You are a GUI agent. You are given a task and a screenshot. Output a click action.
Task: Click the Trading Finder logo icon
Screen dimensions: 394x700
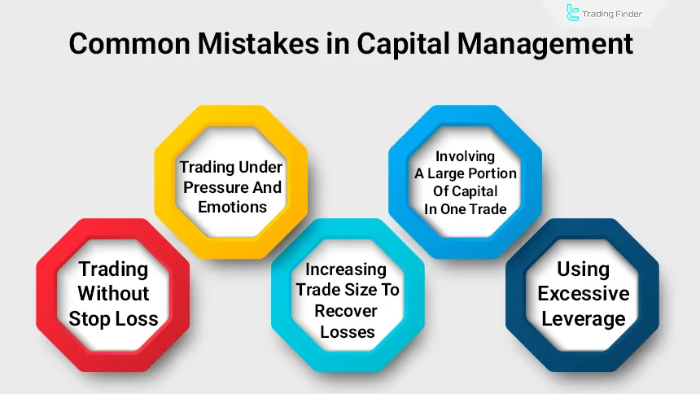tap(573, 13)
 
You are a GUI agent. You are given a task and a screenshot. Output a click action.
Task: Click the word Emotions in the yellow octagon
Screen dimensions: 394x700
tap(232, 207)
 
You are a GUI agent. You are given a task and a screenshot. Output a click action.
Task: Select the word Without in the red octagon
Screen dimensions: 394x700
tap(113, 293)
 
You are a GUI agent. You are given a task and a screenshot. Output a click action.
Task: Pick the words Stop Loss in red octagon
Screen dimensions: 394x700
tap(113, 317)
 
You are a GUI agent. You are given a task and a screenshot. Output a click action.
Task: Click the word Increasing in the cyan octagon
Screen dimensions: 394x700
tap(348, 269)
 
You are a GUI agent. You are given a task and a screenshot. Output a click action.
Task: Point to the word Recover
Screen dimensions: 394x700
tap(348, 311)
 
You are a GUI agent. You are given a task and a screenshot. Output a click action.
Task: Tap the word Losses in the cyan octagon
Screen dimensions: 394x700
tap(348, 331)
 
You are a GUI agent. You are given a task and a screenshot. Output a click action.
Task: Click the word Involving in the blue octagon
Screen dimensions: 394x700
tap(465, 155)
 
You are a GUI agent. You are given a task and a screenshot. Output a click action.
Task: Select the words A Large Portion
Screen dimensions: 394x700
tap(465, 173)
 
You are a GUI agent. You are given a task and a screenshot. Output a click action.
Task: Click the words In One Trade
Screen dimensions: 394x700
tap(465, 208)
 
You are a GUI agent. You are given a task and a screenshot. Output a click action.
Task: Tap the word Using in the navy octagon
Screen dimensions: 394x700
tap(583, 269)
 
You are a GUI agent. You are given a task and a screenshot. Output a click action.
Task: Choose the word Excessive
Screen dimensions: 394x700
tap(583, 293)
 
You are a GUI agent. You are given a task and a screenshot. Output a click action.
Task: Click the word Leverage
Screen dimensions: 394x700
tap(583, 317)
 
